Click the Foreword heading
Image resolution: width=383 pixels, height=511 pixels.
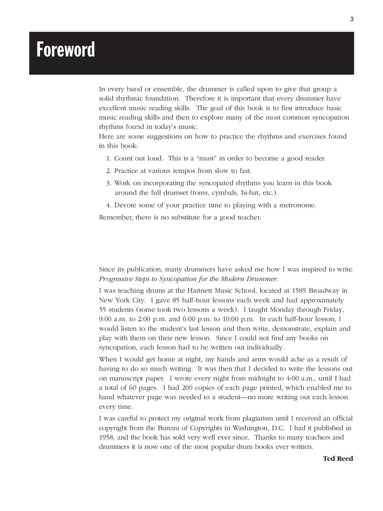pos(66,50)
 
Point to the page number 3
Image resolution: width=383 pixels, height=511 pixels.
pos(352,19)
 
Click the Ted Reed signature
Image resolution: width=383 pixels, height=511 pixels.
pos(338,459)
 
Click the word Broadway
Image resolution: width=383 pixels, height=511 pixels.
pos(321,291)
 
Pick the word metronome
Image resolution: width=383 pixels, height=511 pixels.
pos(299,205)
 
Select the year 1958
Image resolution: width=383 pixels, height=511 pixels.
pos(107,437)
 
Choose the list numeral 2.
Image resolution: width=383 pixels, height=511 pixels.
pos(108,171)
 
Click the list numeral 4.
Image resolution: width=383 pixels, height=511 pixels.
pos(108,205)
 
